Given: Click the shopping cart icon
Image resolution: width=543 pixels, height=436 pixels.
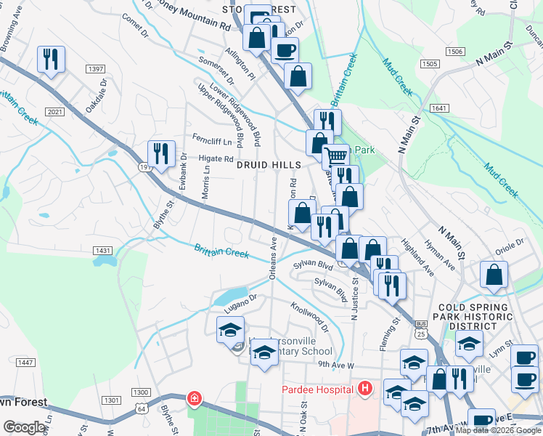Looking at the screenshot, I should [335, 156].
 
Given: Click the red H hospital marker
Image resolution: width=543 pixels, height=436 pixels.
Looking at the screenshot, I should [365, 389].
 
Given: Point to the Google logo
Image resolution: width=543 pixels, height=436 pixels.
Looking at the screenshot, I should [24, 427].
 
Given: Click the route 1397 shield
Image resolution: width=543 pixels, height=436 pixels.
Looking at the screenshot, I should [95, 69].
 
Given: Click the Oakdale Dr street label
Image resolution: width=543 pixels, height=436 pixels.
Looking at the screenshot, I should [95, 97].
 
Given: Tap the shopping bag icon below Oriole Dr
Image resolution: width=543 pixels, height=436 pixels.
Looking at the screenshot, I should [494, 275].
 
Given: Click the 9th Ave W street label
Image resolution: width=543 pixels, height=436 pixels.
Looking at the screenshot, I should [335, 365].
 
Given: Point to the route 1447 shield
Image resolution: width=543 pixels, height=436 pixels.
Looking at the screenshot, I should [25, 363].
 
